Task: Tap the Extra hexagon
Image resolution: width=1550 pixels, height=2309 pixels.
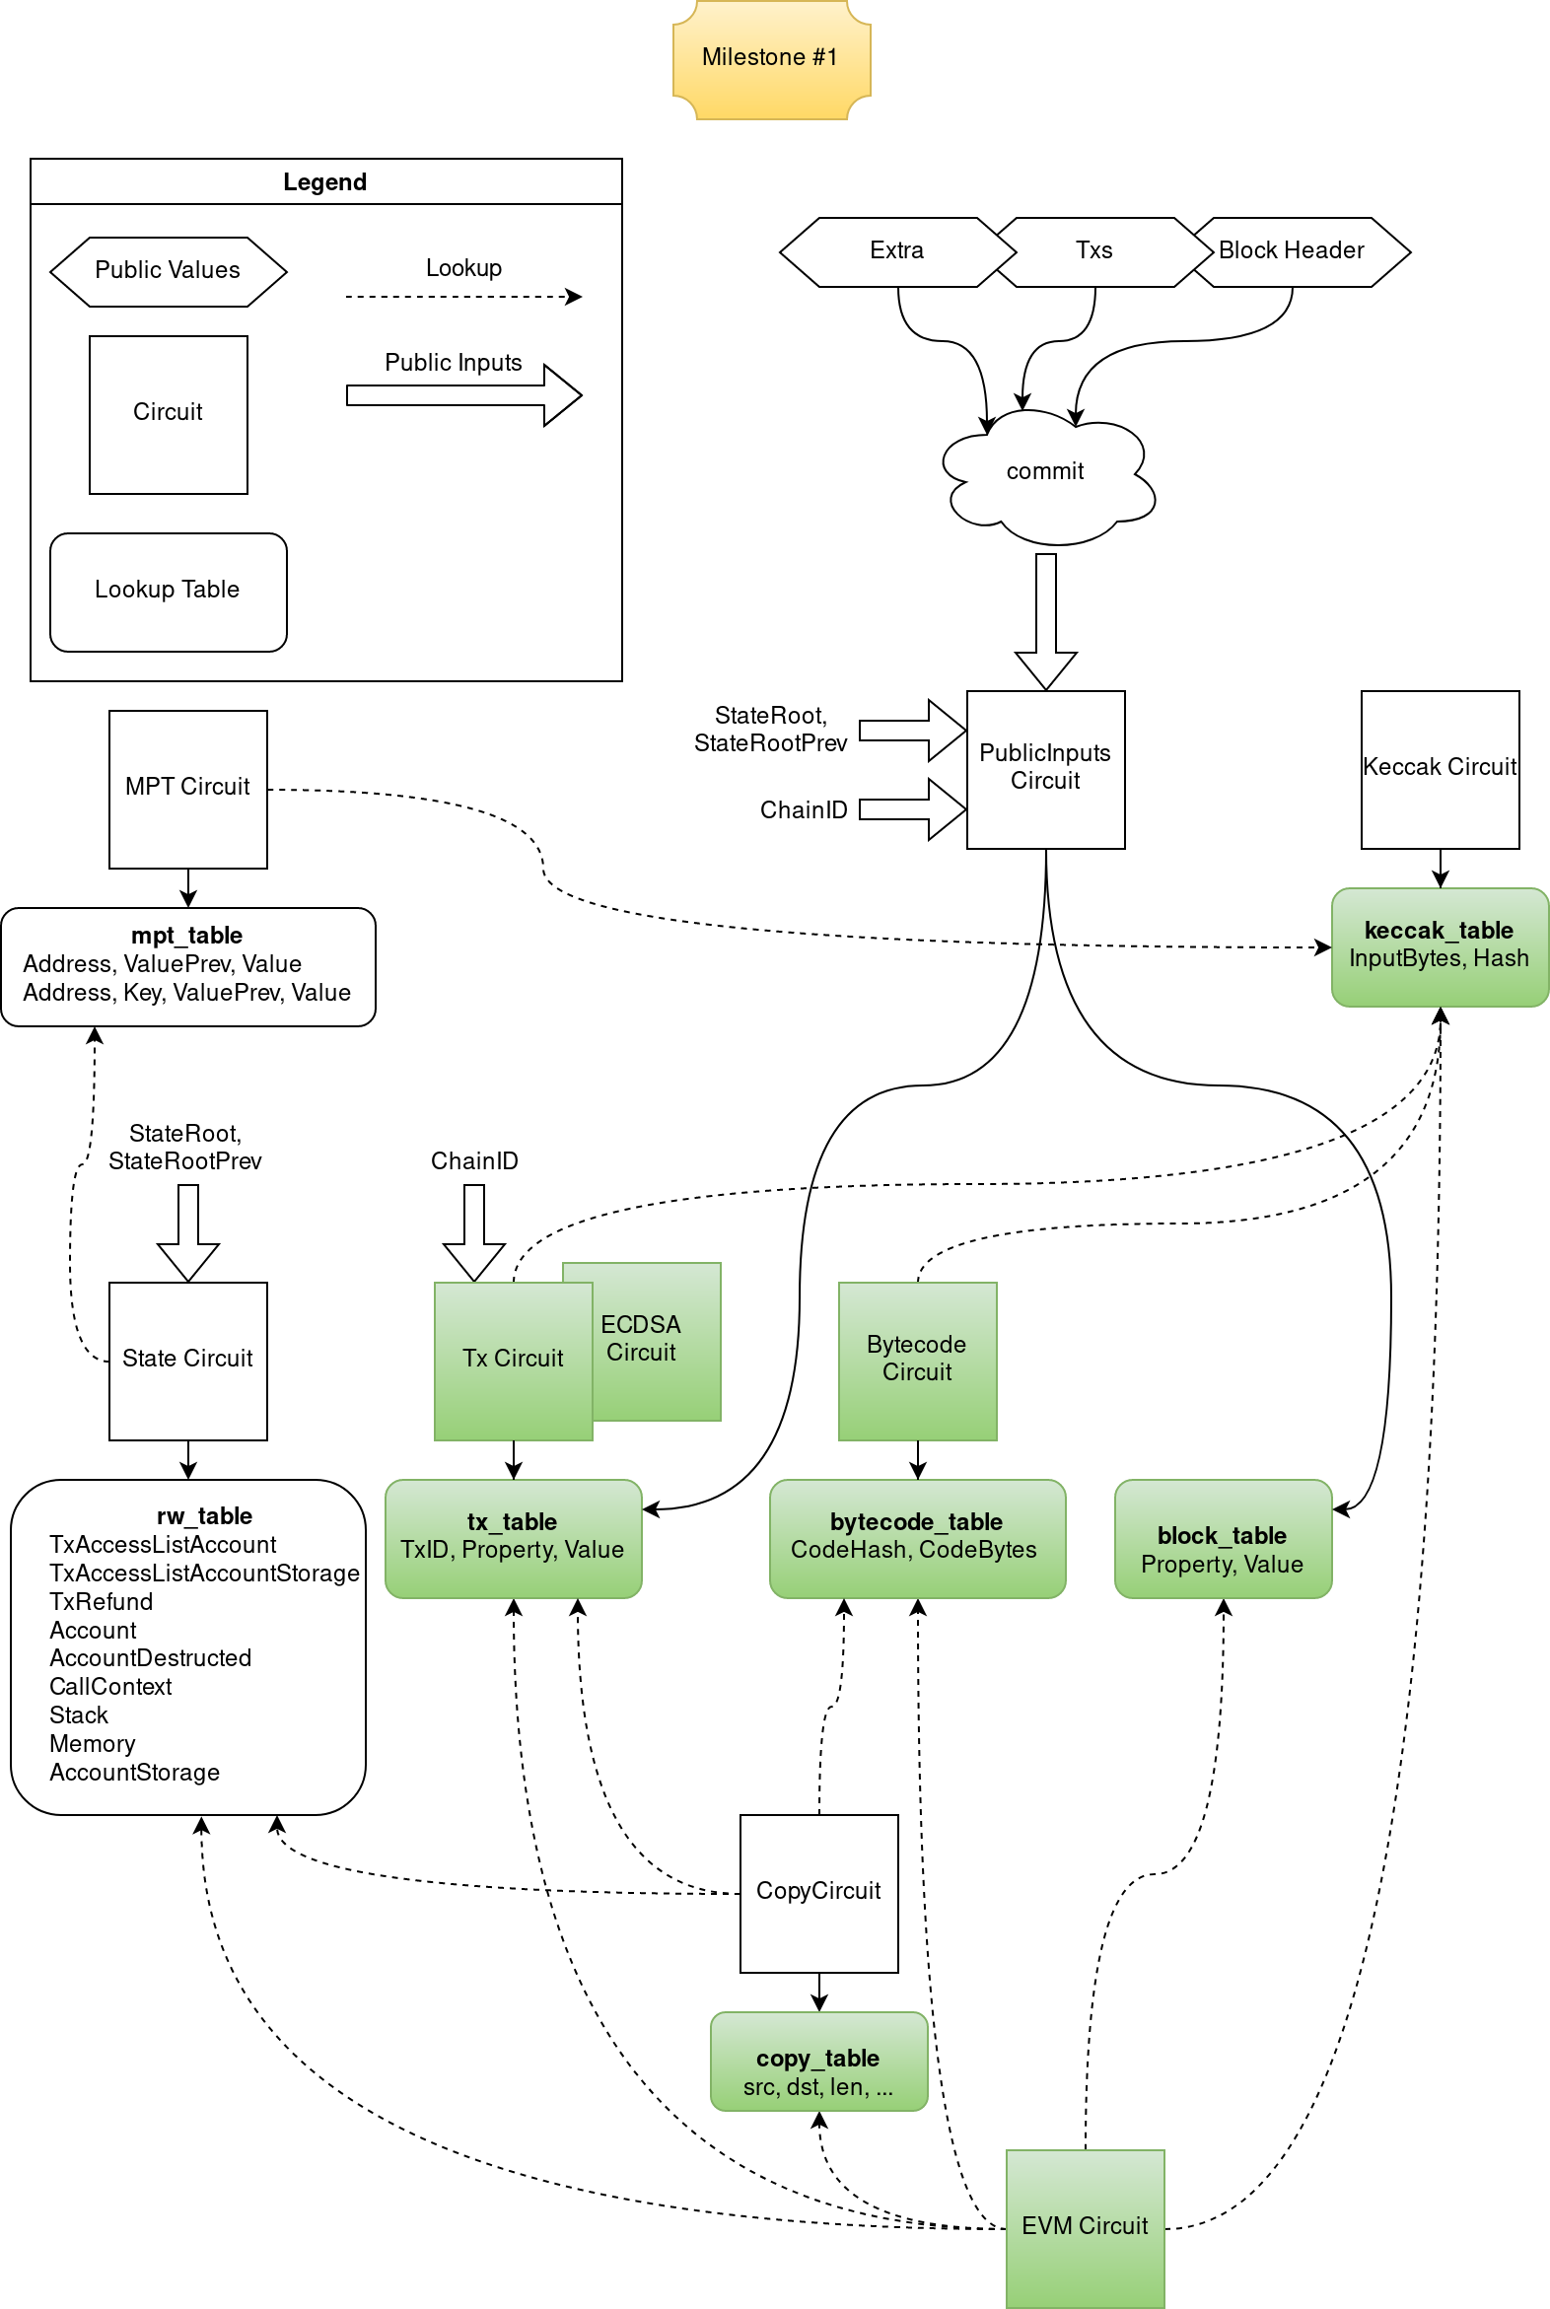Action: tap(897, 252)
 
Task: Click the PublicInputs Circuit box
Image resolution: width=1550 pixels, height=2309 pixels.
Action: tap(1046, 769)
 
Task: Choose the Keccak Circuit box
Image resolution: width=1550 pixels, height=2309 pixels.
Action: tap(1440, 769)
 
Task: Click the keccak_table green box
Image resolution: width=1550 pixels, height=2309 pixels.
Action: tap(1440, 946)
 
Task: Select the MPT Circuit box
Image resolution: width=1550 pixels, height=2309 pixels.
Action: tap(187, 789)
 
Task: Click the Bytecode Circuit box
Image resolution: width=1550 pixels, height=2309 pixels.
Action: tap(917, 1361)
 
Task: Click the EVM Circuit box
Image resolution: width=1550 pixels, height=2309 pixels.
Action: tap(1086, 2228)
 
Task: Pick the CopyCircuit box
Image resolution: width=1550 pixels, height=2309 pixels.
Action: tap(818, 1893)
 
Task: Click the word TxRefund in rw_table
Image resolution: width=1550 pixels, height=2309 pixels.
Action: tap(101, 1602)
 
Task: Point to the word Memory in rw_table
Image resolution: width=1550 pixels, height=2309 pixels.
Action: tap(92, 1745)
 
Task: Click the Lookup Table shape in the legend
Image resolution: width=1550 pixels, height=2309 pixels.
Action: tap(168, 592)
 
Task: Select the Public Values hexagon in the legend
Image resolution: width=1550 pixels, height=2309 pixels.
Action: tap(168, 271)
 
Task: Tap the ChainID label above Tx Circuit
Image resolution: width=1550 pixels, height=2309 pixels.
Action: tap(474, 1161)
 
